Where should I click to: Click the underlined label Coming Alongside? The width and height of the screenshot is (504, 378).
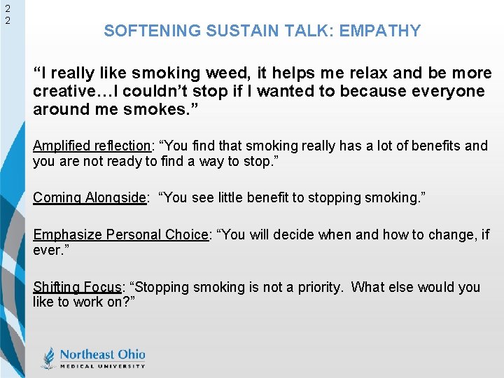pos(90,197)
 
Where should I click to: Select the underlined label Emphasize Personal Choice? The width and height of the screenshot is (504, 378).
pos(120,234)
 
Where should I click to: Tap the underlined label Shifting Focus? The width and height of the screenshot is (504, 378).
pos(77,287)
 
